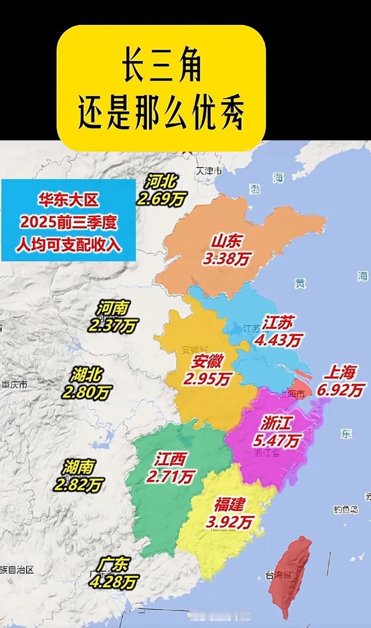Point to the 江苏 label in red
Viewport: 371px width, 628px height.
[x=278, y=323]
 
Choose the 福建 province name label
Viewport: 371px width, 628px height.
[x=230, y=504]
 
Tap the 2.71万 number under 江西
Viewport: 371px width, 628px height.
[x=170, y=476]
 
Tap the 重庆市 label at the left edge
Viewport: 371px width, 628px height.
[x=14, y=384]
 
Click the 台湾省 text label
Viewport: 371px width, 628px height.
[x=278, y=575]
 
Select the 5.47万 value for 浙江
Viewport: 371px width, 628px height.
[x=276, y=441]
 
